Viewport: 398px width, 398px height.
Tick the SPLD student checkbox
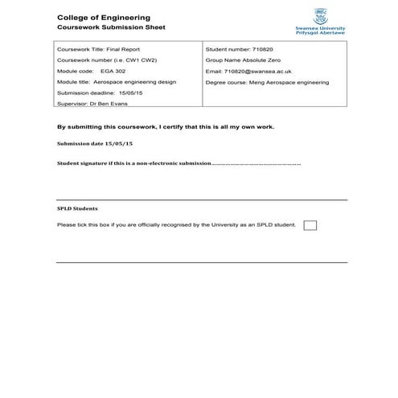[310, 225]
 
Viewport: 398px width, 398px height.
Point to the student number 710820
[256, 49]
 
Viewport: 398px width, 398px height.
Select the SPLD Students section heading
[78, 207]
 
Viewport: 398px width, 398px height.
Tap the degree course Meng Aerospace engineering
[286, 82]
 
